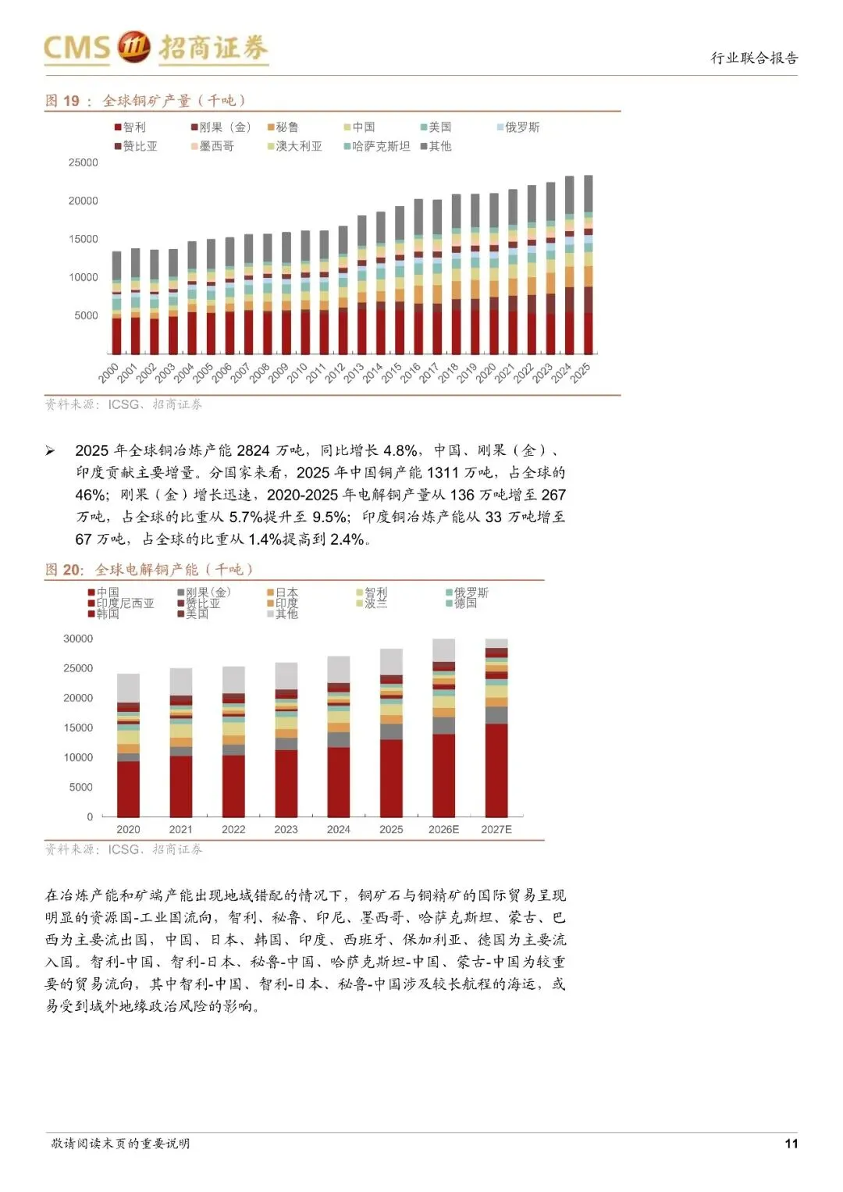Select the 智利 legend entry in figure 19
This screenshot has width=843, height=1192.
[x=130, y=127]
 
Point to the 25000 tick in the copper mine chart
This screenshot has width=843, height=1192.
[x=84, y=163]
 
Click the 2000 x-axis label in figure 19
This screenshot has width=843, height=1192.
[x=110, y=372]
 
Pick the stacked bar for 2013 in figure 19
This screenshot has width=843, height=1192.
[x=361, y=285]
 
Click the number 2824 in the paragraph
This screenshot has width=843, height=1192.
[x=253, y=450]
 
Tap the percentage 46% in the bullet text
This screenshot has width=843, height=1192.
[x=91, y=495]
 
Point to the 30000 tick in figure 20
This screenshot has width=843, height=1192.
[x=78, y=639]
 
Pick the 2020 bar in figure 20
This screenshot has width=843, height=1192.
[x=128, y=745]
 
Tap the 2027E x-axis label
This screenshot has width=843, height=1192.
[x=496, y=829]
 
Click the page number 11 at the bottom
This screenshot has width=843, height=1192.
[x=791, y=1144]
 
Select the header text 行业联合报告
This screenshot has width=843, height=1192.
[x=754, y=58]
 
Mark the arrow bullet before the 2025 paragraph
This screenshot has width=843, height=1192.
[x=50, y=450]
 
